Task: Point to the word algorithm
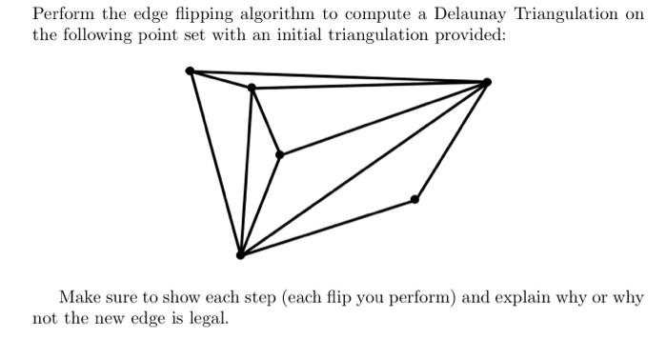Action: click(275, 15)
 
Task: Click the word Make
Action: click(78, 297)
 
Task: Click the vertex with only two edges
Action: click(414, 199)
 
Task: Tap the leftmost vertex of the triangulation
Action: click(191, 70)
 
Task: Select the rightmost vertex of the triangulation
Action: click(487, 82)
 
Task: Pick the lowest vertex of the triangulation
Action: click(240, 254)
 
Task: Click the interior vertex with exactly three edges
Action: click(279, 154)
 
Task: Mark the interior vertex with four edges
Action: click(252, 89)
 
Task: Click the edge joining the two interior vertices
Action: click(265, 121)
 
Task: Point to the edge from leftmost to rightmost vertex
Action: click(338, 76)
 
